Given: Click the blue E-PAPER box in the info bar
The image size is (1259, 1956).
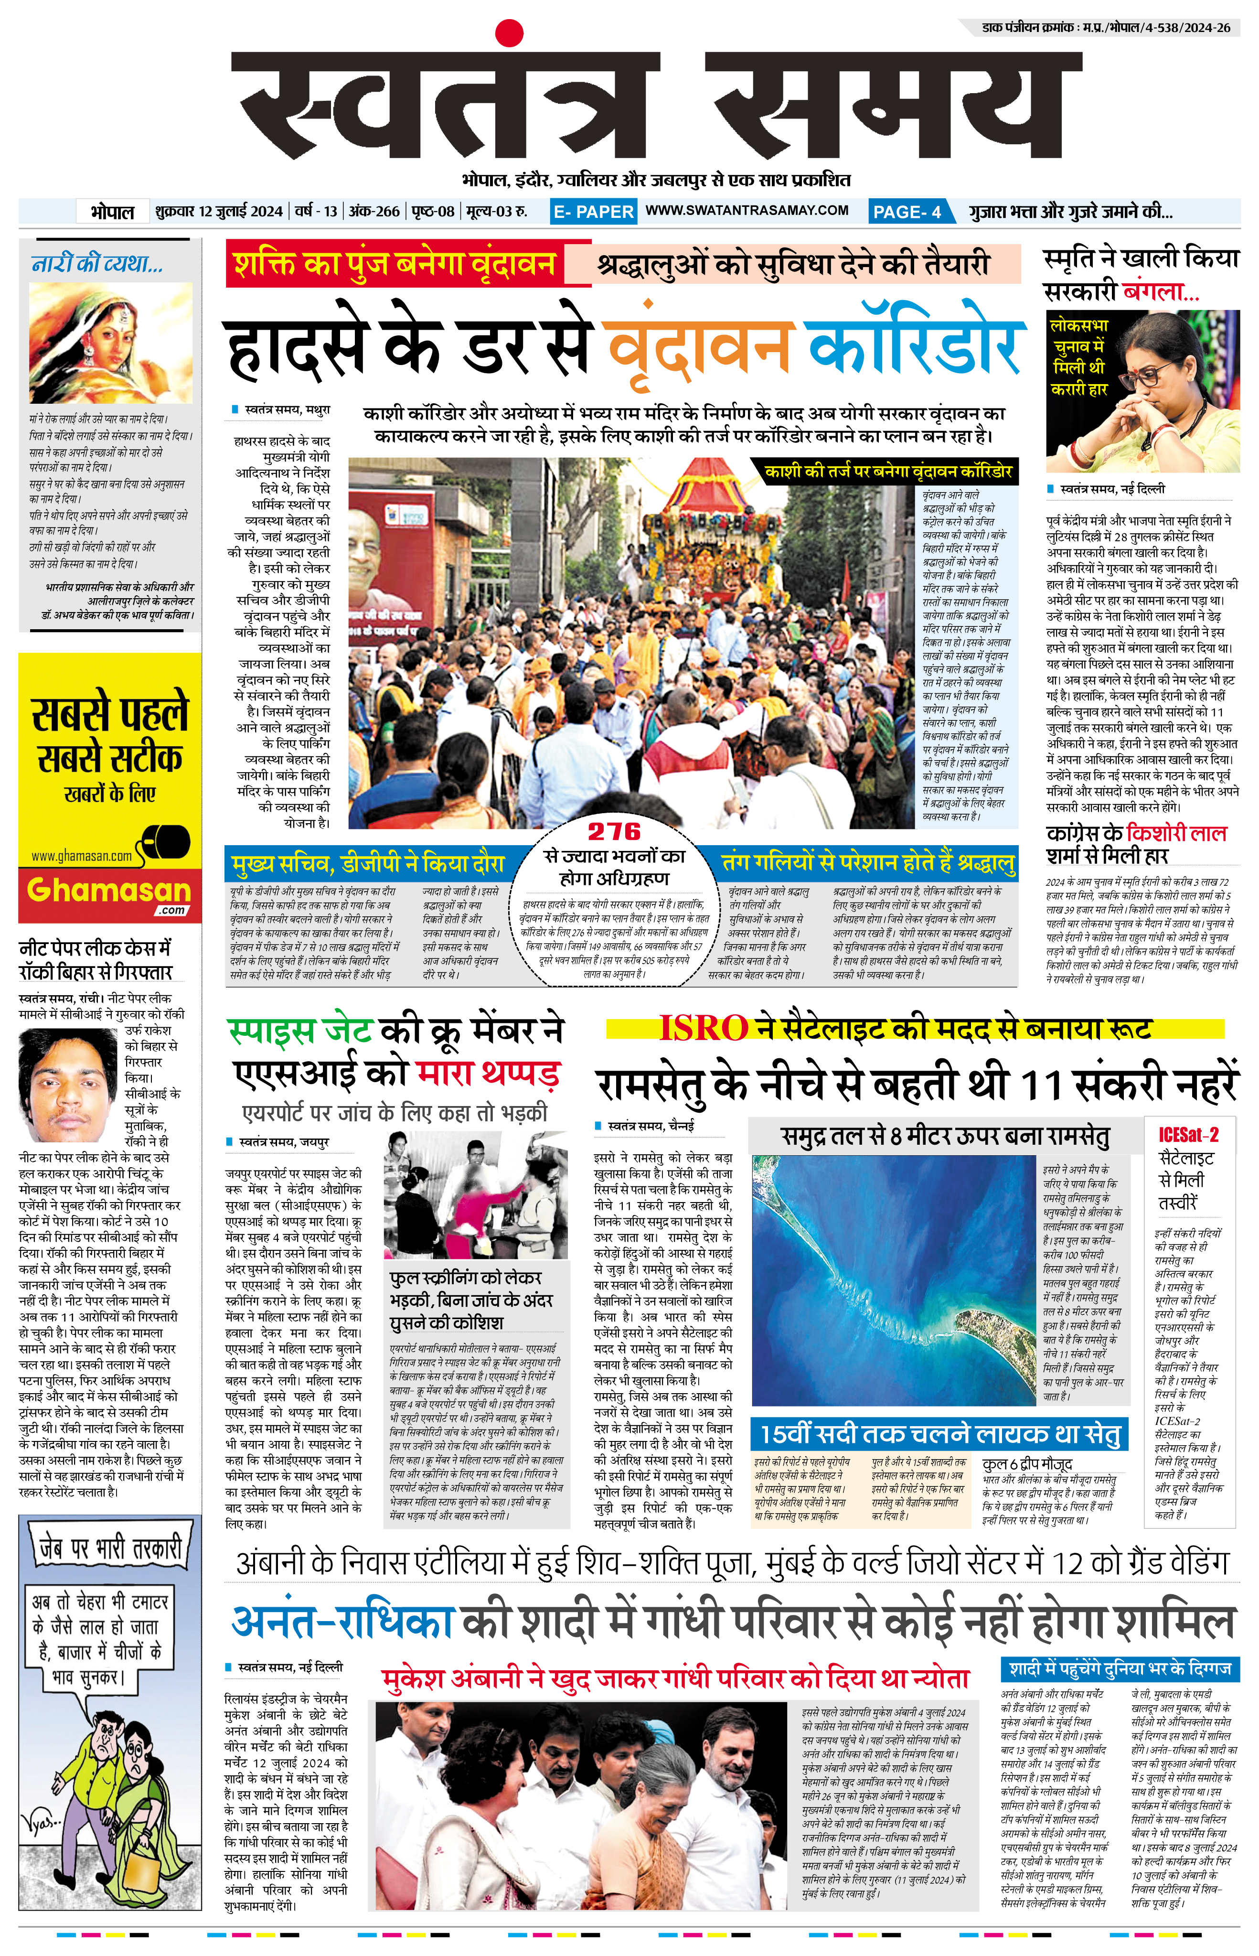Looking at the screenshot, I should tap(594, 212).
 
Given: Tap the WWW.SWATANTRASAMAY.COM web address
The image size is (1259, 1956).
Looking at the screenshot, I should tap(747, 210).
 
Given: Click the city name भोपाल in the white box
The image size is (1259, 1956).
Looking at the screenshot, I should tap(112, 212).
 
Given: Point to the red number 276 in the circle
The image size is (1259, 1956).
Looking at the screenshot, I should tap(614, 832).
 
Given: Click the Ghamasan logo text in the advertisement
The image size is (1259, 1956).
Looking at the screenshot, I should tap(109, 891).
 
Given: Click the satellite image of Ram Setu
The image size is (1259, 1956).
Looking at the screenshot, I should tap(895, 1280).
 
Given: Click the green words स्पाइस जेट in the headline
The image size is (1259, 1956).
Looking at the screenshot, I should tap(300, 1031).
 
